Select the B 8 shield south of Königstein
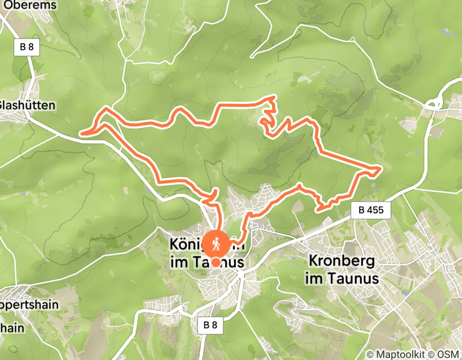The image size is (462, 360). pos(210,325)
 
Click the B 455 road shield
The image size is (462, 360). pos(371,210)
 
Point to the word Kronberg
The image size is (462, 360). pos(342,261)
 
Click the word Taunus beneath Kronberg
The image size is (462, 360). pos(356,279)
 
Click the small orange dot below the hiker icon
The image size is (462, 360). pos(216,262)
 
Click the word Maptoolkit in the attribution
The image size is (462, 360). pos(399,354)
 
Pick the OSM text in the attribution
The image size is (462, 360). pos(449,354)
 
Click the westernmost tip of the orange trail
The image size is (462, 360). pos(81,134)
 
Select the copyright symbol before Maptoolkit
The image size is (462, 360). pos(371,354)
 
